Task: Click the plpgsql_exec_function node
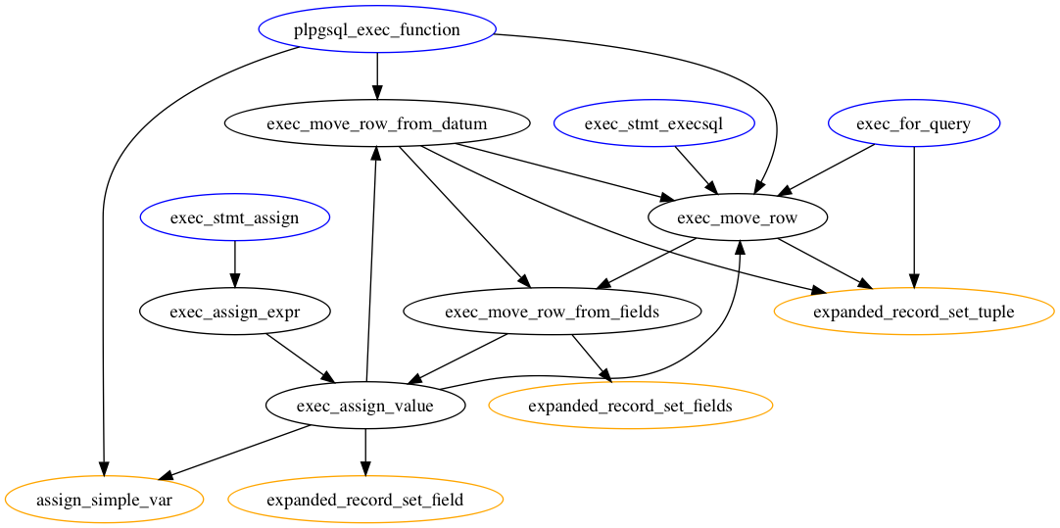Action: [x=377, y=30]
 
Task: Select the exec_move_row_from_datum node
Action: [x=377, y=124]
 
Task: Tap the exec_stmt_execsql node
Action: [x=653, y=124]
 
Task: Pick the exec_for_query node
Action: [x=914, y=124]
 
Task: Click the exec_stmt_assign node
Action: [x=234, y=218]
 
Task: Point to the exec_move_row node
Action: [x=738, y=218]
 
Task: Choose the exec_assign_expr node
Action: [x=234, y=312]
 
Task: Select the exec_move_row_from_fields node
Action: [x=553, y=312]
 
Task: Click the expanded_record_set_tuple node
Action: [x=914, y=312]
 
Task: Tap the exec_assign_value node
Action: [x=365, y=406]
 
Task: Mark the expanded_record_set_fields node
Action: [x=630, y=406]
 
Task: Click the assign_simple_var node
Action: [x=104, y=500]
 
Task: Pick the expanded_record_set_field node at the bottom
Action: [x=365, y=500]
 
